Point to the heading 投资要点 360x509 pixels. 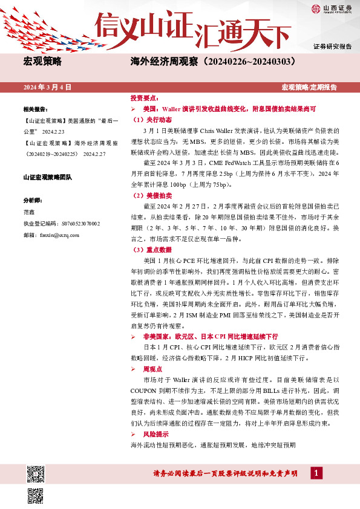(x=143, y=98)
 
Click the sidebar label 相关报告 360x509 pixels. (x=35, y=109)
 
